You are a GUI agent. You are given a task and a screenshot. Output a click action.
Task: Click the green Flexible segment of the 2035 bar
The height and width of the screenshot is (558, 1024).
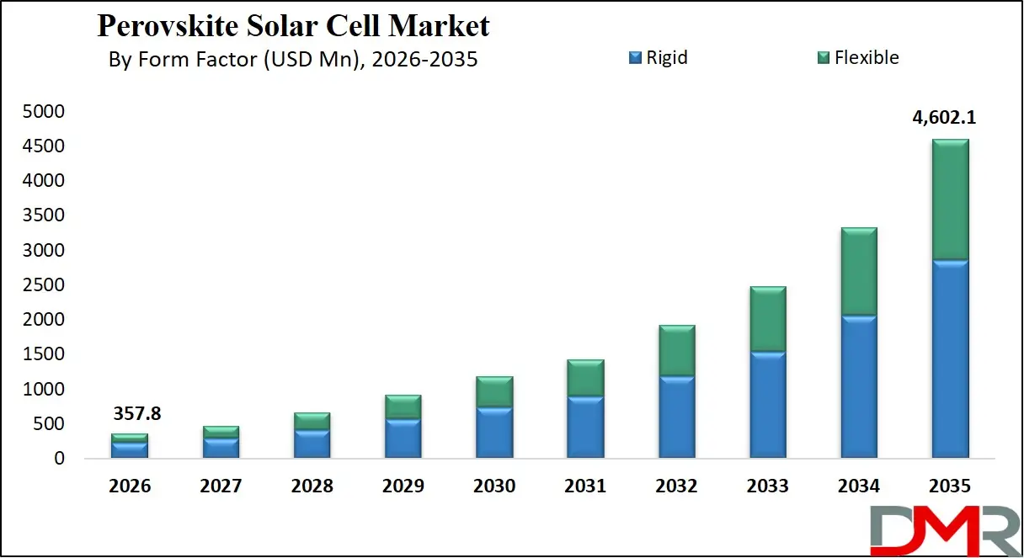[950, 199]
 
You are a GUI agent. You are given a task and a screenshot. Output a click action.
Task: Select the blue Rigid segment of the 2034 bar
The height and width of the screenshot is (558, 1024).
[858, 387]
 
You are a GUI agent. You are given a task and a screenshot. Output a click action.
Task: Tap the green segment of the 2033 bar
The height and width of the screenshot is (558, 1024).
[767, 320]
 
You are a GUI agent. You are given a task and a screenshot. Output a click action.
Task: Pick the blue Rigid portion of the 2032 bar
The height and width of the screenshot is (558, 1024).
[676, 417]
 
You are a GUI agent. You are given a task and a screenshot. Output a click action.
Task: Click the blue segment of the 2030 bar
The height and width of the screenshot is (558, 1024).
[494, 433]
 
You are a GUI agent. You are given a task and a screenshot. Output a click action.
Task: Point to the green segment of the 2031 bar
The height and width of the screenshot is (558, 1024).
[585, 379]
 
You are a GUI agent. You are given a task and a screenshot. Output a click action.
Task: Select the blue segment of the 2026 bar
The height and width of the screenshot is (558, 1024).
[131, 450]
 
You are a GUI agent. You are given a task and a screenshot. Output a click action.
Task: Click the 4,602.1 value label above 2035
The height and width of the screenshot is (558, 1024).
[944, 119]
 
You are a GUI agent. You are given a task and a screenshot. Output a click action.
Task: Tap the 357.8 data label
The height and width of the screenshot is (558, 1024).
[137, 414]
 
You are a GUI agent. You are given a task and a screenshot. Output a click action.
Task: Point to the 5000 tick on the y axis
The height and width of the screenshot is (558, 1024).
[45, 112]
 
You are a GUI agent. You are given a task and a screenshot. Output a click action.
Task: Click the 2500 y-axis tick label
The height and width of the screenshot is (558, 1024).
[45, 285]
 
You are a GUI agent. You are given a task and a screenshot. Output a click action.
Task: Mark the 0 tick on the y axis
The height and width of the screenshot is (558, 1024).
[59, 459]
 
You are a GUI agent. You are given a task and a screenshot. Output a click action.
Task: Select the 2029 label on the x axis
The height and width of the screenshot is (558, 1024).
[403, 486]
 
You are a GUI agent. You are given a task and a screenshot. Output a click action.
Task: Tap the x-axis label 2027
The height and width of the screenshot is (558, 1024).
[221, 486]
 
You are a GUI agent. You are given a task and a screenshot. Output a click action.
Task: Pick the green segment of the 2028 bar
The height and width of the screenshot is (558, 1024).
[312, 421]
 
